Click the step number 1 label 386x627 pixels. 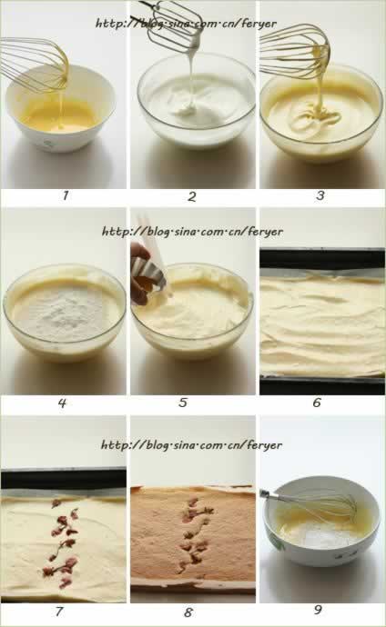click(x=66, y=195)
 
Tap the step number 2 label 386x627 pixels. click(x=192, y=196)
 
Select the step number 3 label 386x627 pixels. click(x=320, y=195)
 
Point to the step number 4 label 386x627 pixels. click(x=62, y=403)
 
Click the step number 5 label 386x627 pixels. click(x=183, y=403)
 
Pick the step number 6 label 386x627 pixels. click(x=316, y=403)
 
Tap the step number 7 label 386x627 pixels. click(x=59, y=611)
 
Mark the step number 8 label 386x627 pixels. click(x=188, y=612)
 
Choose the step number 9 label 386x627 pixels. click(x=318, y=610)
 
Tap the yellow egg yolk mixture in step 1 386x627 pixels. click(x=61, y=116)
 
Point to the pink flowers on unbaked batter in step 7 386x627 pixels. click(x=63, y=541)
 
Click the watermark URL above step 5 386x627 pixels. click(x=192, y=231)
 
